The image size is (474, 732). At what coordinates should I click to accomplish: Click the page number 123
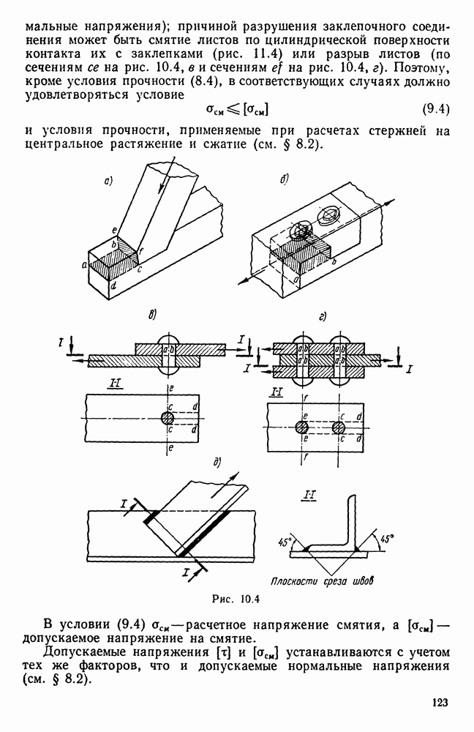click(440, 703)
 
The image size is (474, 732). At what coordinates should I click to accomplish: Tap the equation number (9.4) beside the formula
click(435, 110)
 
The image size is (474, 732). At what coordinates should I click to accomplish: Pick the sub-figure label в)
click(151, 315)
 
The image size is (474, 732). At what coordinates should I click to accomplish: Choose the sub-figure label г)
click(322, 317)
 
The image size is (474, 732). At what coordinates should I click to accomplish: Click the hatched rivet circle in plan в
click(168, 418)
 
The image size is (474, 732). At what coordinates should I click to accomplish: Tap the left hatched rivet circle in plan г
click(302, 427)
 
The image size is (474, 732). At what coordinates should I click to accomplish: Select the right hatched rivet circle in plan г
click(339, 427)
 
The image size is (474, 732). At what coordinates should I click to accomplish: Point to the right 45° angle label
click(386, 538)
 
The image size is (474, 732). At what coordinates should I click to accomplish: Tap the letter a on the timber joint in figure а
click(84, 265)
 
